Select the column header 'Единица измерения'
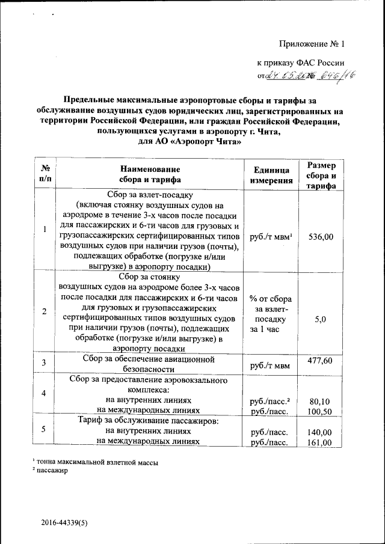pyautogui.click(x=271, y=174)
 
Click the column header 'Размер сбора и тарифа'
pyautogui.click(x=321, y=175)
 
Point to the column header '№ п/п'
pyautogui.click(x=45, y=174)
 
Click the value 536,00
pyautogui.click(x=321, y=237)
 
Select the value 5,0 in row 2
pyautogui.click(x=321, y=320)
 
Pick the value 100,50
pyautogui.click(x=321, y=412)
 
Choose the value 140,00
pyautogui.click(x=321, y=432)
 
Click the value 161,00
pyautogui.click(x=321, y=443)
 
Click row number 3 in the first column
pyautogui.click(x=45, y=363)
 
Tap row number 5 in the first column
pyautogui.click(x=45, y=429)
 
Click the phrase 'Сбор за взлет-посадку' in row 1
pyautogui.click(x=149, y=195)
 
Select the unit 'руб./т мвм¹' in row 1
pyautogui.click(x=271, y=237)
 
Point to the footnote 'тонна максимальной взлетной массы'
pyautogui.click(x=99, y=462)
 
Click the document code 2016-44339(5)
pyautogui.click(x=65, y=523)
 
